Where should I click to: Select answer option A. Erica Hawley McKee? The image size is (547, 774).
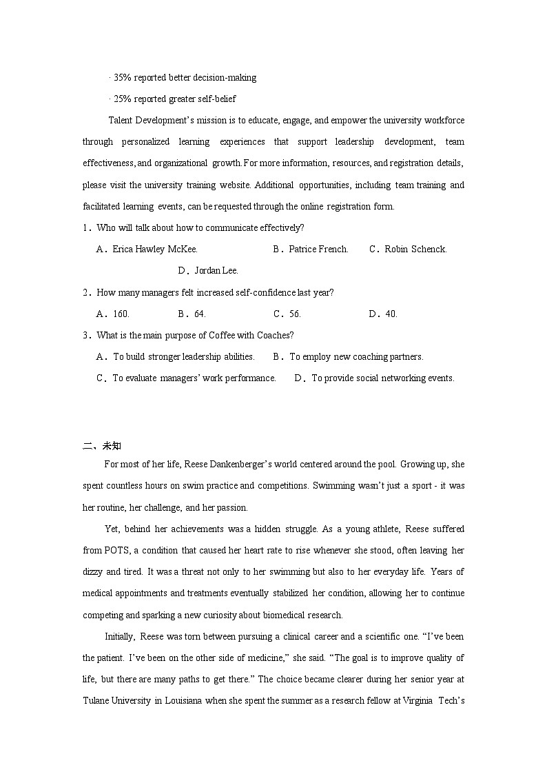tap(147, 249)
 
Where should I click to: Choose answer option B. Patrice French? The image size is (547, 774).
tap(311, 249)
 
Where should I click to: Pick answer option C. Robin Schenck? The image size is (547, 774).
tap(408, 249)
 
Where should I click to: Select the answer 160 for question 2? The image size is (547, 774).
tap(114, 314)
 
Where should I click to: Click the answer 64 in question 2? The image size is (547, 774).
tap(192, 314)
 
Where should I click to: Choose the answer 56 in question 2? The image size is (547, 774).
tap(287, 314)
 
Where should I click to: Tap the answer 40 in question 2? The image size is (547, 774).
tap(383, 314)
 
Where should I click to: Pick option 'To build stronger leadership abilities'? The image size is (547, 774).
tap(176, 357)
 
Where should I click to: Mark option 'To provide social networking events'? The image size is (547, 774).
tap(374, 378)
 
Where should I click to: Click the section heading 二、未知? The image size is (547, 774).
tap(102, 446)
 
